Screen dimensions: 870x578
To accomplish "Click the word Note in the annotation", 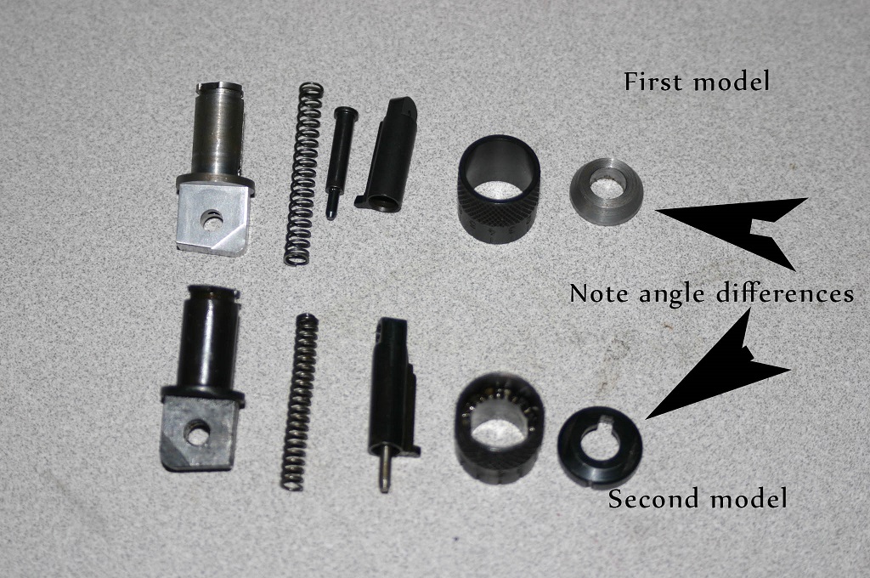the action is click(601, 293).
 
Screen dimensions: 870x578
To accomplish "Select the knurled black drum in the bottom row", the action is click(499, 428).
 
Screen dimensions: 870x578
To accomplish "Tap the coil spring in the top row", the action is click(304, 173).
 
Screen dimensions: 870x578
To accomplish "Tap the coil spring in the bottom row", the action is click(298, 402).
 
